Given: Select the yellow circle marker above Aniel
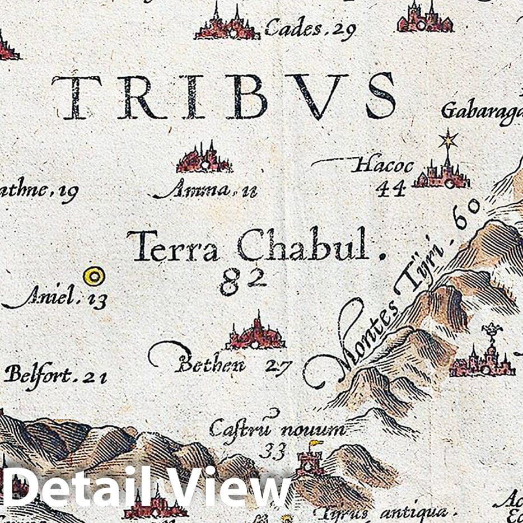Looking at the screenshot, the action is point(94,276).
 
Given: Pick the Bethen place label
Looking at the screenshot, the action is point(210,365).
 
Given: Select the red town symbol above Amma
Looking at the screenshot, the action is point(204,159).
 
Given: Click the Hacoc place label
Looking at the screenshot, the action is point(384,166).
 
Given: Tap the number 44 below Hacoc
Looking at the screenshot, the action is point(390,189).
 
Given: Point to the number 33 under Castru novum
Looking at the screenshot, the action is point(276,450).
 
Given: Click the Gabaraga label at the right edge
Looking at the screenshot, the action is point(482,110).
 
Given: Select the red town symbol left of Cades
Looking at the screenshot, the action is point(227,25).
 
